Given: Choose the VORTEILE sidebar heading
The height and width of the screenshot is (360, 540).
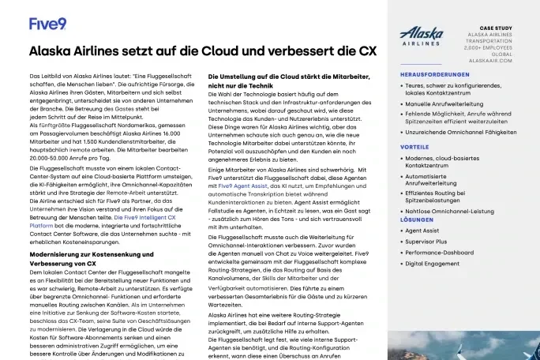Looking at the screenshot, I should coord(415,147).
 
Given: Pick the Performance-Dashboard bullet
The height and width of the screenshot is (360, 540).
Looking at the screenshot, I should coord(444,253).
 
